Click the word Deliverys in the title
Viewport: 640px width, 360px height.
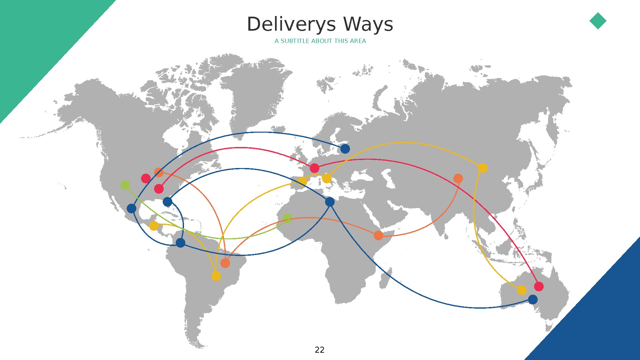coord(291,25)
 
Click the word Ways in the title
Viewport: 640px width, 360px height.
coord(368,25)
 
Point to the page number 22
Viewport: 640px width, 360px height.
coord(319,350)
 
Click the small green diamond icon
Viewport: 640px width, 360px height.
coord(598,21)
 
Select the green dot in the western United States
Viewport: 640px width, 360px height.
coord(125,185)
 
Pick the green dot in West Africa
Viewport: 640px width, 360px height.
coord(287,218)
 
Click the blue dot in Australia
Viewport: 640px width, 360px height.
coord(533,299)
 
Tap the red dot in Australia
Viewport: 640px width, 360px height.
coord(539,286)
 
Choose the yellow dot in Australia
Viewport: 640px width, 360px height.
coord(522,290)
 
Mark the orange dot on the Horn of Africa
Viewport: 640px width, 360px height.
coord(378,235)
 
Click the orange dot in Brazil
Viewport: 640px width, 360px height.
coord(225,263)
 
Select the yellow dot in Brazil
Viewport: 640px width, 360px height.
coord(216,276)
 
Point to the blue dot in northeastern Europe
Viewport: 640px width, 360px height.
coord(345,149)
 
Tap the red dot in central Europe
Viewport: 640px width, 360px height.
coord(314,168)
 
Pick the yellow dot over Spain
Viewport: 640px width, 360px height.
coord(302,181)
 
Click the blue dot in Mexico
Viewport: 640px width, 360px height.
coord(132,209)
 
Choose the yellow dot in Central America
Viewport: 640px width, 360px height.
coord(154,226)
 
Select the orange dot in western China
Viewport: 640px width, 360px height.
coord(458,178)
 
